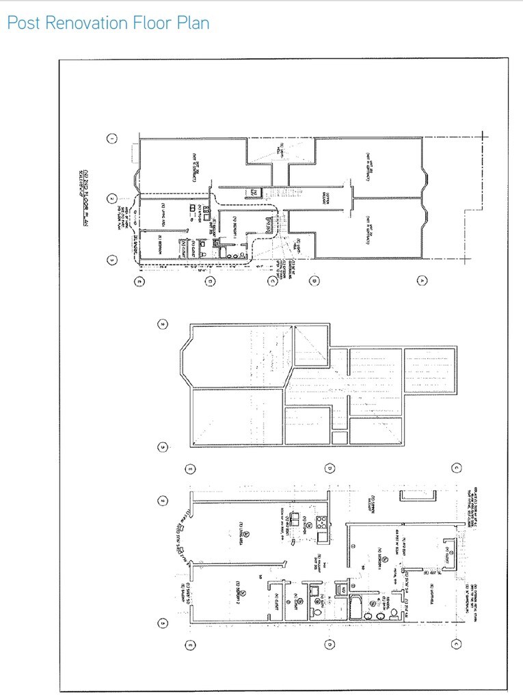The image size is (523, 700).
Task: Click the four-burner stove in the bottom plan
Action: tap(321, 524)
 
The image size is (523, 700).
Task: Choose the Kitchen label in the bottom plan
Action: tap(303, 525)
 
